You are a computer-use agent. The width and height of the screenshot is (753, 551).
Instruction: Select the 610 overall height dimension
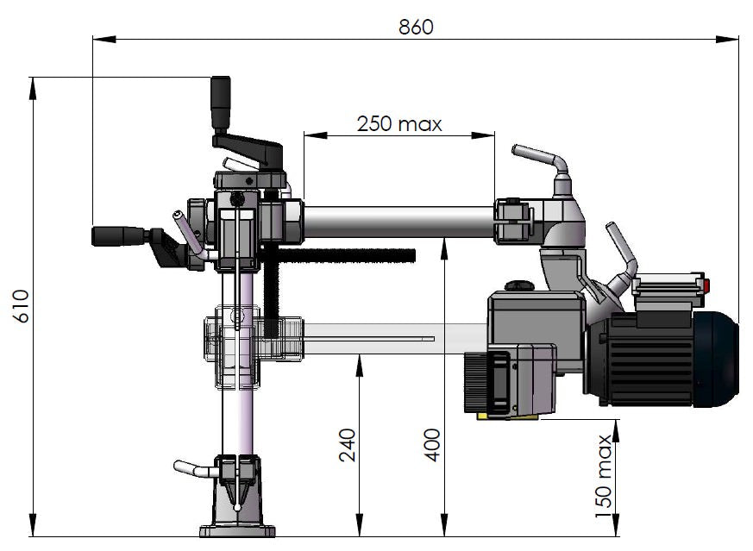coord(22,306)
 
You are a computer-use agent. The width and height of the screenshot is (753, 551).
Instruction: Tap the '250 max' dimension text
coord(399,123)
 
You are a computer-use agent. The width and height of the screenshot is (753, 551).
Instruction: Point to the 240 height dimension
coord(348,445)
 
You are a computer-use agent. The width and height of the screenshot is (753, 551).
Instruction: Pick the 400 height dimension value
coord(433,444)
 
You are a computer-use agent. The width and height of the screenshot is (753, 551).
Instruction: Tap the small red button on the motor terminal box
coord(705,285)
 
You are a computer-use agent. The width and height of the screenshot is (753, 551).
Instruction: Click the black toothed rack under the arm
coord(345,254)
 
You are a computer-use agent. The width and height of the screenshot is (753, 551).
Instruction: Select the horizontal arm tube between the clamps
coord(397,221)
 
